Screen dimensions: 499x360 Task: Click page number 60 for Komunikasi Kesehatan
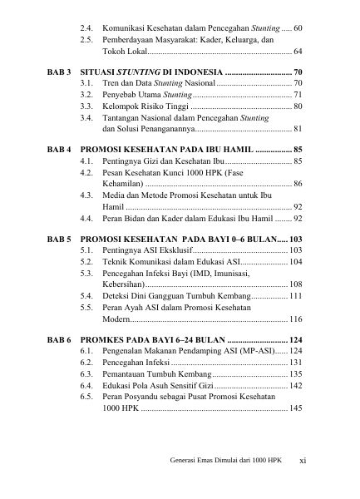[298, 27]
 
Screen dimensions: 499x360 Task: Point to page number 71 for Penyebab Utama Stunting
[298, 96]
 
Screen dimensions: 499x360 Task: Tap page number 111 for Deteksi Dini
[295, 295]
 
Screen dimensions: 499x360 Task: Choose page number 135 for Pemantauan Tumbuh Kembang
[295, 374]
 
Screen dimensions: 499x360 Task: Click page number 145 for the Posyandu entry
[295, 409]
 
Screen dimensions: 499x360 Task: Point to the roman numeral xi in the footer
[303, 460]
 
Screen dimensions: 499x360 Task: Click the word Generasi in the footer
[184, 460]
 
